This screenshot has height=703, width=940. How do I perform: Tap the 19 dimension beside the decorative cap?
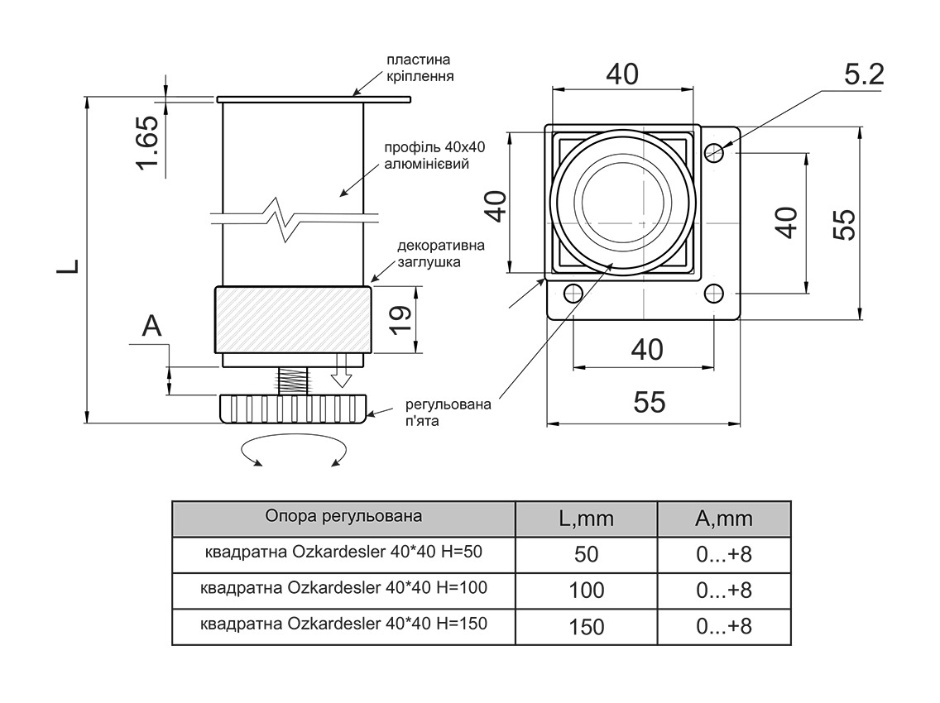(x=400, y=318)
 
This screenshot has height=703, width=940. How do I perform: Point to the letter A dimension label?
(x=152, y=327)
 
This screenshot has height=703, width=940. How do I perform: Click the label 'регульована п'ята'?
(x=447, y=412)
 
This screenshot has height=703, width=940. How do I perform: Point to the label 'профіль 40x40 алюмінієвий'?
(x=434, y=155)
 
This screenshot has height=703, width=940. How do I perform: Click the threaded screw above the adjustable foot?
(x=292, y=380)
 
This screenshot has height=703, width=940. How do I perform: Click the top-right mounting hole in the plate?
(x=714, y=151)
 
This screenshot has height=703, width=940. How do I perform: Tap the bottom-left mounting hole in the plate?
(x=571, y=292)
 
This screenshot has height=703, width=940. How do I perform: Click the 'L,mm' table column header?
(x=586, y=519)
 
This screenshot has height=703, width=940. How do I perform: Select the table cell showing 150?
(x=586, y=626)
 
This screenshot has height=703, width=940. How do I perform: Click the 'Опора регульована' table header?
(x=343, y=517)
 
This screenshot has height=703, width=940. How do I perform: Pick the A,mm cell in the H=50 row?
(x=724, y=554)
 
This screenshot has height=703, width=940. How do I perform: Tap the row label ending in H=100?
(x=343, y=589)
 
